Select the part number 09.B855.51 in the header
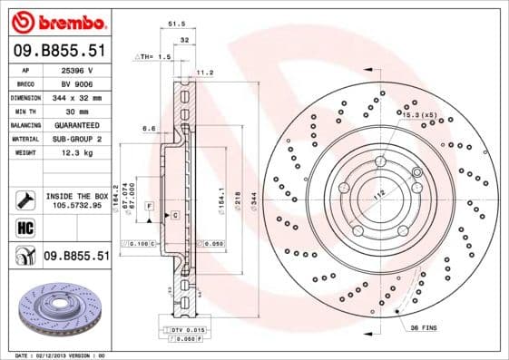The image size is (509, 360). [59, 53]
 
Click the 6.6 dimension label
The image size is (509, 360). [147, 129]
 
